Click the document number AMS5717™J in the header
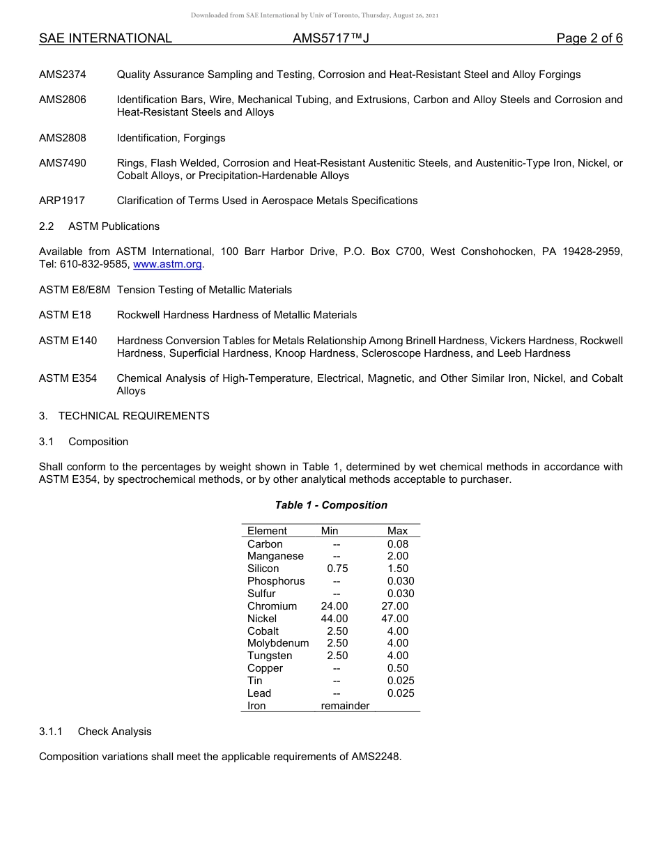(330, 38)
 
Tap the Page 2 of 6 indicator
(589, 38)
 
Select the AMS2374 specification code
(63, 75)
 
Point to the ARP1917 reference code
(62, 201)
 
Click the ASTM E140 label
(68, 341)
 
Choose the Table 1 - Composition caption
(331, 505)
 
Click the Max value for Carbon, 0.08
(398, 544)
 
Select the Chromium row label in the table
(272, 606)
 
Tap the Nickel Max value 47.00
(395, 619)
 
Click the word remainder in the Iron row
(345, 706)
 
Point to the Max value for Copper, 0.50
(398, 668)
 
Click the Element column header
(267, 531)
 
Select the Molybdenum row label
(278, 643)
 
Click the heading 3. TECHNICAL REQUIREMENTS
(124, 416)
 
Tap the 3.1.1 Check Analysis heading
(95, 732)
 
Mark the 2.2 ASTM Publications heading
(100, 226)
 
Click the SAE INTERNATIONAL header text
(105, 38)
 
